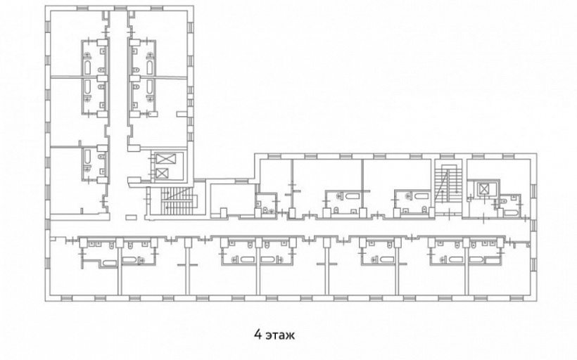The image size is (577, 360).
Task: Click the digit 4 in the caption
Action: coord(258,335)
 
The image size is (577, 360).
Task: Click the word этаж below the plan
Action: coord(280,335)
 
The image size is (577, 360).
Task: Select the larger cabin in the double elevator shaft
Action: coord(166,159)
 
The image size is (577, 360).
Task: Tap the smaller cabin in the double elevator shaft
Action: coord(162,173)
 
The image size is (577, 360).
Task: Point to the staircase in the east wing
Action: coord(448,184)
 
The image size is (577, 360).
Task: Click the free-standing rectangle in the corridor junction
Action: coord(131,217)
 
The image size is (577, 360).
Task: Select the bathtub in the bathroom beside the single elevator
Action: coord(511,212)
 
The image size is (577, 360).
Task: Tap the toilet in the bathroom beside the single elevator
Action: coord(502,202)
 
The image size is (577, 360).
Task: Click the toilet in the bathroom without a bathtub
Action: coord(265,210)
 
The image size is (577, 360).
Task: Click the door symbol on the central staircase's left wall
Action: coord(148,199)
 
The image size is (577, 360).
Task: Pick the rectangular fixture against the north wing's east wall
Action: coord(182,115)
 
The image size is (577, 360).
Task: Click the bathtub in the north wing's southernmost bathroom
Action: coord(87,157)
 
